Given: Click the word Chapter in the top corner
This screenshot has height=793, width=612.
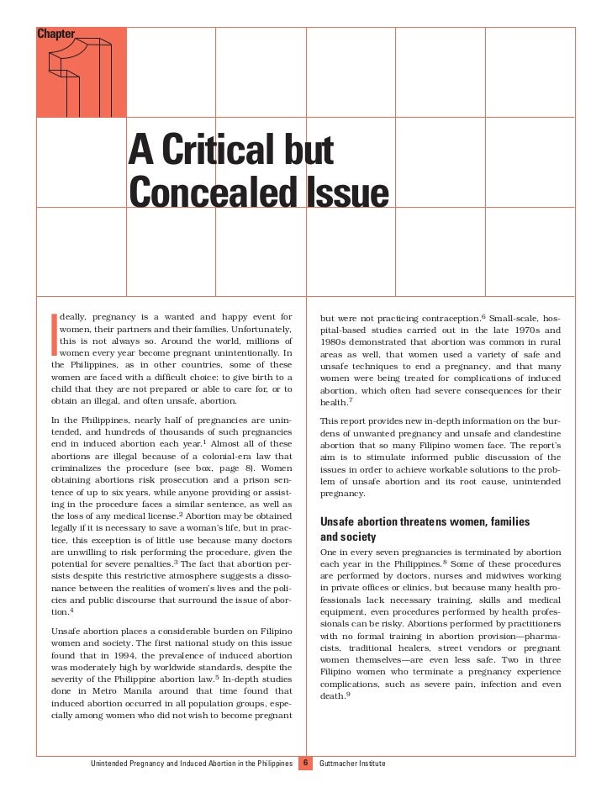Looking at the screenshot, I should click(55, 34).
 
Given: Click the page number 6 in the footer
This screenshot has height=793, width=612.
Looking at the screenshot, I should click(307, 764).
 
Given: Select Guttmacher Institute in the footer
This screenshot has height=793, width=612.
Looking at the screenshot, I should click(362, 764).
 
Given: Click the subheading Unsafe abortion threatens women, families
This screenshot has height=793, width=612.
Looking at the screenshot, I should click(425, 522).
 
